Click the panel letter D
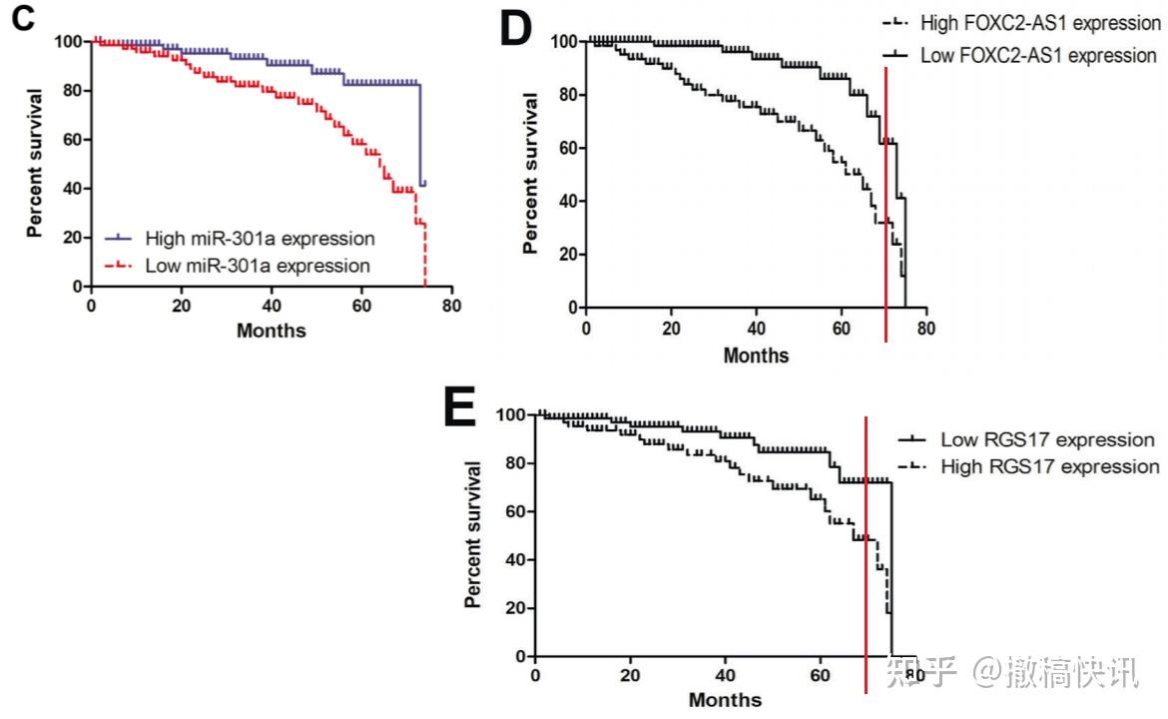click(516, 30)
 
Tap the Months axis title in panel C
click(271, 330)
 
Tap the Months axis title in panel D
click(756, 355)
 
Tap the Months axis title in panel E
click(725, 700)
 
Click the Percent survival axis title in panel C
click(36, 163)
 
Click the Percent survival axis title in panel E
click(473, 534)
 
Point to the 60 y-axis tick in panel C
click(74, 140)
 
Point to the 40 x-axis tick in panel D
click(756, 329)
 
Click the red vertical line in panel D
click(885, 200)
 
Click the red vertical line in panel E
click(866, 549)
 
